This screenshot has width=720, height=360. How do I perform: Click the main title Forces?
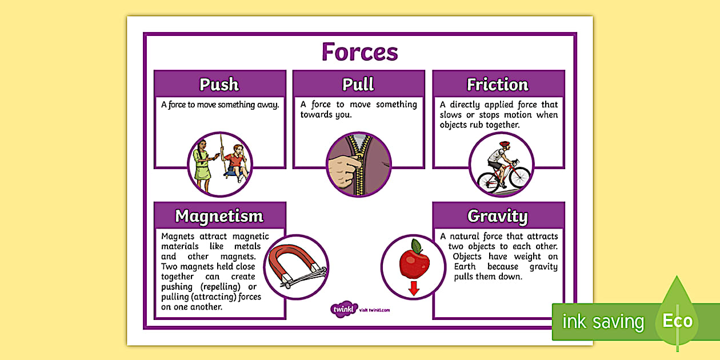359,52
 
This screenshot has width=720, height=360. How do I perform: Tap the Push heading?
219,85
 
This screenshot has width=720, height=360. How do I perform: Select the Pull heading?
358,85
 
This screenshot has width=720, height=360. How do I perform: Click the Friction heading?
498,85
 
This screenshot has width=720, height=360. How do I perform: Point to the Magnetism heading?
219,216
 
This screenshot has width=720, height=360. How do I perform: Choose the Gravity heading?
498,216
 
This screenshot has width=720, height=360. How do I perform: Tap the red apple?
414,263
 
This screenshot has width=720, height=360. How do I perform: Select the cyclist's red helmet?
504,145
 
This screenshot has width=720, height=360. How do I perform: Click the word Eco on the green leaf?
677,321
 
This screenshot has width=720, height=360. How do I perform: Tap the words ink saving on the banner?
603,322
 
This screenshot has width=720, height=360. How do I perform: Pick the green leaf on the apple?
417,246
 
